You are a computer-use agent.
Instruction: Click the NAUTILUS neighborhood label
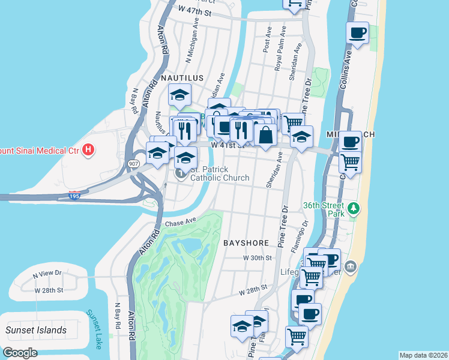coord(182,78)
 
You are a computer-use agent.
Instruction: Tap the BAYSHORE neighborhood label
coord(246,243)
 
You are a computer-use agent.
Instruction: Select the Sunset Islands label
coord(36,330)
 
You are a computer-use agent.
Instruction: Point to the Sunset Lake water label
coord(95,329)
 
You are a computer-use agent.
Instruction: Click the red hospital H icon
coord(89,149)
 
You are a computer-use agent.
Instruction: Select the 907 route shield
coord(133,163)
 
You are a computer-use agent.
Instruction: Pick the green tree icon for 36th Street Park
coord(355,208)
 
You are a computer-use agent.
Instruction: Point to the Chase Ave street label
coord(181,223)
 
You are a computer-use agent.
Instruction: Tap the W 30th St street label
coord(258,257)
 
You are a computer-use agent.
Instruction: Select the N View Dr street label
coord(47,273)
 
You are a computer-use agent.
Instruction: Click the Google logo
coord(20,352)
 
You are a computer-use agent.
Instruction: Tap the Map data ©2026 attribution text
coord(423,355)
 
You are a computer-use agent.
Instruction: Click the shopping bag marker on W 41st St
coord(265,134)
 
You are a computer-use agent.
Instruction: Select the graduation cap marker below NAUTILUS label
coord(179,95)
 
